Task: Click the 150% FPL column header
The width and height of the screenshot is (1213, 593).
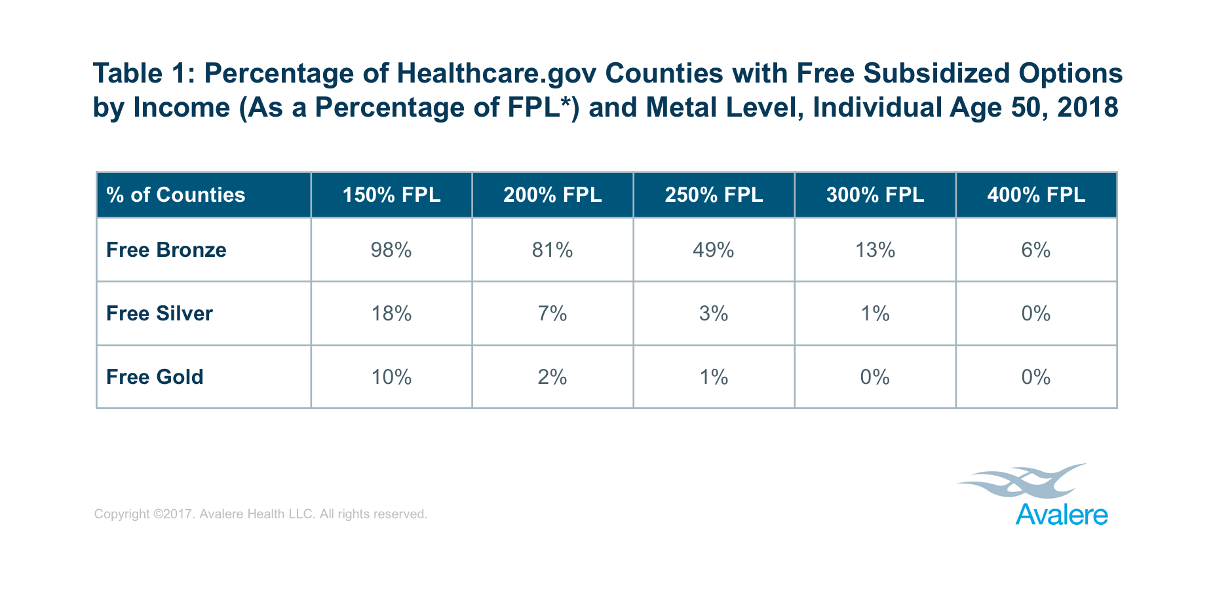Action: point(391,195)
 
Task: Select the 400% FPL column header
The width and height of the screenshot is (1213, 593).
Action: point(1036,195)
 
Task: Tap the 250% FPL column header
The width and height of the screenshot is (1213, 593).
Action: point(714,195)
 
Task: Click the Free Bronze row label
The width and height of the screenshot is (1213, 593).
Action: point(166,250)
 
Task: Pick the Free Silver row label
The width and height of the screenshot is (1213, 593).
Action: point(159,313)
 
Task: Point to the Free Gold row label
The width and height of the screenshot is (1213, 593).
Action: point(155,377)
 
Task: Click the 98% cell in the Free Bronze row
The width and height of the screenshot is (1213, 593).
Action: point(391,250)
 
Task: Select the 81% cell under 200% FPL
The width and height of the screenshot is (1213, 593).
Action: point(552,250)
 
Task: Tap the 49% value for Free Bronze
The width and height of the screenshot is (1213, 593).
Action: point(714,250)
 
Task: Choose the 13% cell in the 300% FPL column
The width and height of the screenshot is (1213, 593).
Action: point(875,250)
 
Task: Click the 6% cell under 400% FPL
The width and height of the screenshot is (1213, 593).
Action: point(1036,250)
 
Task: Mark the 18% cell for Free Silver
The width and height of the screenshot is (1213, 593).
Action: point(391,313)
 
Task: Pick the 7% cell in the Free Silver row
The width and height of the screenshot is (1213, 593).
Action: point(552,313)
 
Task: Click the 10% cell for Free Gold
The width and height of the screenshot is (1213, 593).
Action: point(391,377)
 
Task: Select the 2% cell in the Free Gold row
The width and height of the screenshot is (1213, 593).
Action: point(552,377)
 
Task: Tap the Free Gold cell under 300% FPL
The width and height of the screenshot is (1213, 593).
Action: point(875,377)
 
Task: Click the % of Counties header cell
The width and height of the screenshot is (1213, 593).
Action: point(176,195)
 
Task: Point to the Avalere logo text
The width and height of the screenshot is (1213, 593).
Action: point(1062,515)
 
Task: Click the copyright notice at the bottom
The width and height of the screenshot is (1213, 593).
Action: point(261,514)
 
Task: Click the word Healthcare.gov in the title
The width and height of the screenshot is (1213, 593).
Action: point(497,73)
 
